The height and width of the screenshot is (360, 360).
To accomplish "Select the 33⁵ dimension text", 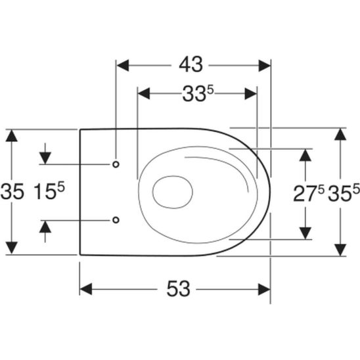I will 196,94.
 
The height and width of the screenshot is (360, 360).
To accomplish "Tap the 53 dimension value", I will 177,288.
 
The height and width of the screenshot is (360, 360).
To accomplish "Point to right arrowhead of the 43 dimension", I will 264,65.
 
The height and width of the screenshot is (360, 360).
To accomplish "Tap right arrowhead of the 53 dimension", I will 265,289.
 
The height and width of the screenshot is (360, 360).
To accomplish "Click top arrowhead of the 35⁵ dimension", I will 340,134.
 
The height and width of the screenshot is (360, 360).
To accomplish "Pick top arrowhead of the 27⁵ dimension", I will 305,154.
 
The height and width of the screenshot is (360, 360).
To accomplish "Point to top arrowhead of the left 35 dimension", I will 11,135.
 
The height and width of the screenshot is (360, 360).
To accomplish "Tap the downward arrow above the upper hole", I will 45,158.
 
